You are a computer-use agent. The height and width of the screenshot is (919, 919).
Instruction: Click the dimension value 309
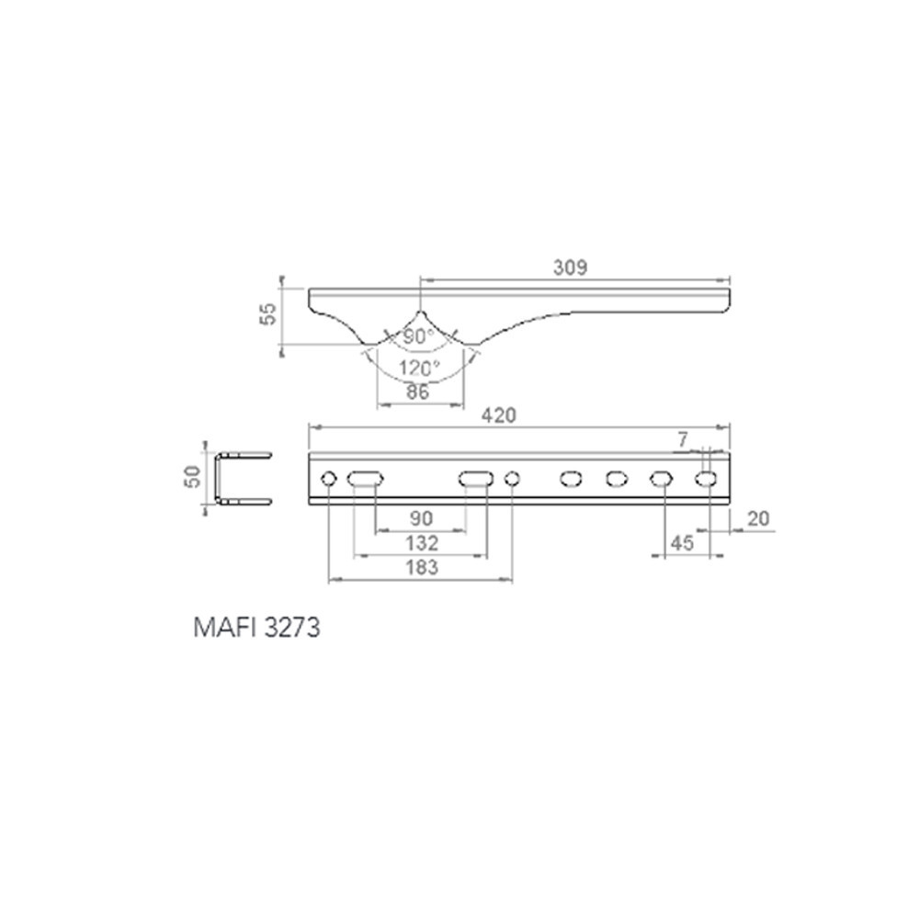click(570, 267)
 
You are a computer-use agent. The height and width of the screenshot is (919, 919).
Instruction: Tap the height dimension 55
click(267, 315)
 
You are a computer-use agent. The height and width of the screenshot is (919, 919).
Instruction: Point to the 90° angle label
click(418, 336)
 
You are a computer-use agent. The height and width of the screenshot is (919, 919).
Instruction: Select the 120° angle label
click(419, 368)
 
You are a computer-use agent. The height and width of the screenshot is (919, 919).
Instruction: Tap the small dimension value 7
click(682, 440)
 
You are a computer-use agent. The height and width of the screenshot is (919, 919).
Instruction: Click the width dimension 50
click(194, 478)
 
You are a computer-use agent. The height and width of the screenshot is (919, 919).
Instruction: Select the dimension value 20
click(758, 519)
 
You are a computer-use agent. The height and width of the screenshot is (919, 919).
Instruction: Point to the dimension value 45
click(681, 543)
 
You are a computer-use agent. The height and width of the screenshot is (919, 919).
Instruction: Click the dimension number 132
click(421, 543)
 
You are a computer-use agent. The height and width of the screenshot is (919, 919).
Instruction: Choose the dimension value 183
click(421, 567)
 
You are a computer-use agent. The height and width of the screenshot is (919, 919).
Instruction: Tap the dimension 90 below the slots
click(421, 519)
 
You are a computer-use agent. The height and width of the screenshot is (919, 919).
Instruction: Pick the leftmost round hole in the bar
click(328, 478)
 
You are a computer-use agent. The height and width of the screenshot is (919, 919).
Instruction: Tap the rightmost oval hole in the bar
click(707, 478)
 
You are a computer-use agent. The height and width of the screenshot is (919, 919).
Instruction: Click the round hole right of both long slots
click(513, 478)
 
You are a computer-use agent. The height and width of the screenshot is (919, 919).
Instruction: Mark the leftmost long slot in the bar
click(366, 478)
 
